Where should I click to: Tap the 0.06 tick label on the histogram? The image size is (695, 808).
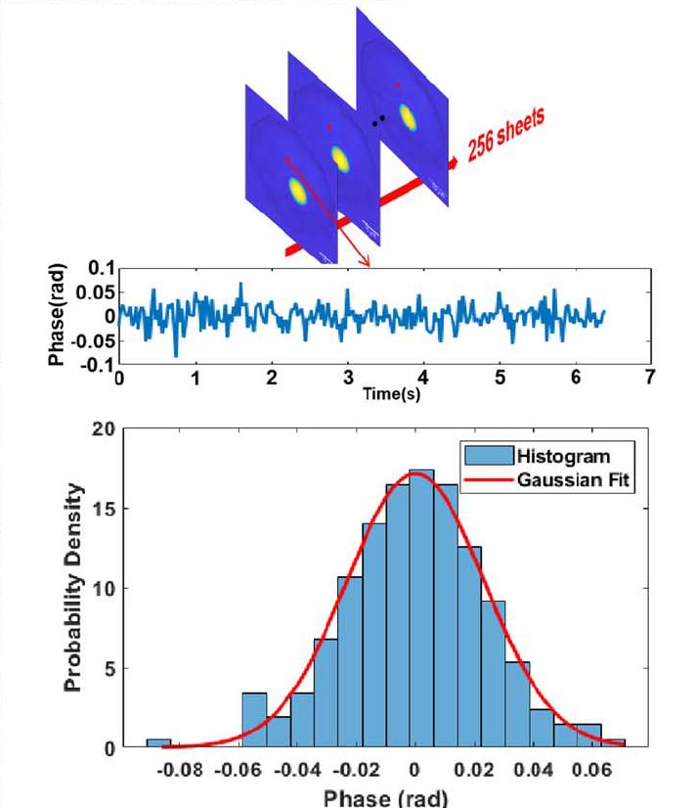pos(587,770)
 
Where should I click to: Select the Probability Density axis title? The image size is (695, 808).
pos(75,588)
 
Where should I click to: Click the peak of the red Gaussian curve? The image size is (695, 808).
pos(416,473)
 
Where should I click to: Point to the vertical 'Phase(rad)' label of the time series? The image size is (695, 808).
pos(57,315)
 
